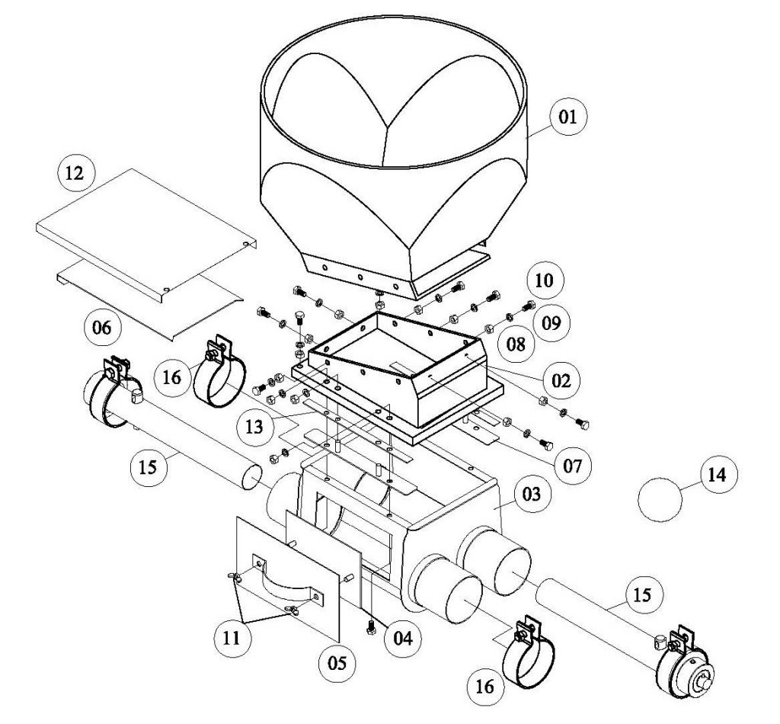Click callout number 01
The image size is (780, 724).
[x=568, y=117]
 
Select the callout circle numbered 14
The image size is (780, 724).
[x=718, y=475]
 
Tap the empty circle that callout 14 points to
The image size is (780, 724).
[x=660, y=500]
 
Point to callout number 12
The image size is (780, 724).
[x=76, y=173]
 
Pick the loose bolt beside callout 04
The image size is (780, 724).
[x=371, y=628]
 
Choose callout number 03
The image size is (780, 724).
[x=531, y=494]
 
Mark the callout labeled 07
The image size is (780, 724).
[x=572, y=466]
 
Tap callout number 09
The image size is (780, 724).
[x=551, y=323]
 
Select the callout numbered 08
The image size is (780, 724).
[x=517, y=344]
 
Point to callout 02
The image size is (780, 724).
[x=561, y=380]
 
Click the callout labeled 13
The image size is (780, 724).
[x=254, y=427]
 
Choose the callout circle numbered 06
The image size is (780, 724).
[x=102, y=328]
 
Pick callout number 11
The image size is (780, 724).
[x=232, y=637]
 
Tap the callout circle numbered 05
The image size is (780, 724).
[x=337, y=663]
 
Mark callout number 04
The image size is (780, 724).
[x=403, y=637]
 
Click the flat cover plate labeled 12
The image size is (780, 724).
[x=146, y=234]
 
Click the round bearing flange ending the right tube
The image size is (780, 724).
[x=686, y=674]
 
